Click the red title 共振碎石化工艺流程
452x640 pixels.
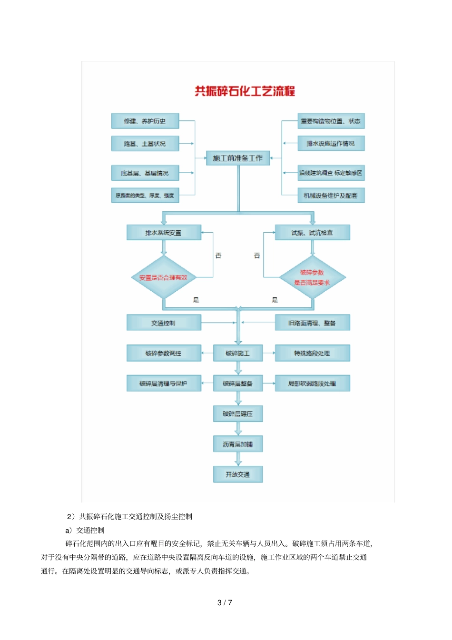(x=245, y=91)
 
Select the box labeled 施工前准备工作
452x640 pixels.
(x=238, y=158)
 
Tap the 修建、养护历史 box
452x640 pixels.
(x=145, y=121)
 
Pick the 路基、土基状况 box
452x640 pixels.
(x=145, y=143)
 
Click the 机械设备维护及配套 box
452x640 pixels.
(x=331, y=195)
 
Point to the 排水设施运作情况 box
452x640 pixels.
(x=331, y=143)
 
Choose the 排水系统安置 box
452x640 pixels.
(x=163, y=233)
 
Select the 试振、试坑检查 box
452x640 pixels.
(x=312, y=233)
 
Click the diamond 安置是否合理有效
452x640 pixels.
(x=163, y=277)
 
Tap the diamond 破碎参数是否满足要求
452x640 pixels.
(x=312, y=277)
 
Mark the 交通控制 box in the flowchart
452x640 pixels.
(x=163, y=323)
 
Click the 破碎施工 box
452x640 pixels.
(x=237, y=353)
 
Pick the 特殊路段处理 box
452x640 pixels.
(x=312, y=353)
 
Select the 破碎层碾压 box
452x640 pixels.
(x=237, y=414)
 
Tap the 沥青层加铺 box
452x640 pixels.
(x=237, y=444)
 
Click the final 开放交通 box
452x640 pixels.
(x=237, y=474)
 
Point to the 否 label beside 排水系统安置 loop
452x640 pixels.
(x=218, y=256)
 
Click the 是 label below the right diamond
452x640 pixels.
(x=275, y=300)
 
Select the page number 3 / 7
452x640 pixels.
(x=225, y=602)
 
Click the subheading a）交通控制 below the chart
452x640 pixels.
(x=85, y=530)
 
